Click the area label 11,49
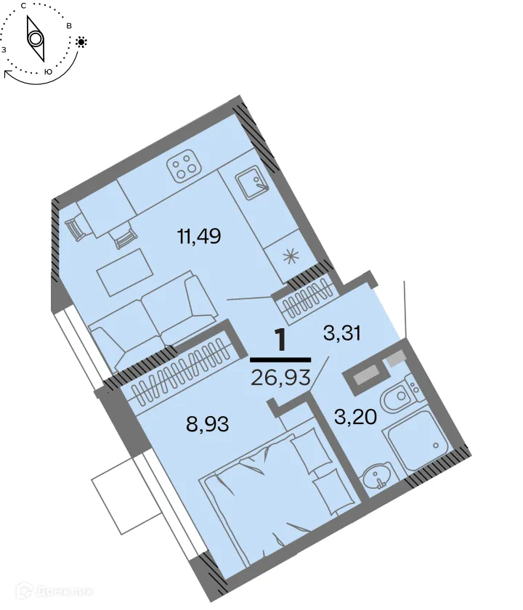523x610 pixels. click(x=198, y=236)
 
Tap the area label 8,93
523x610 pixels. click(x=208, y=424)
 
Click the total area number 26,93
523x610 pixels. click(x=280, y=377)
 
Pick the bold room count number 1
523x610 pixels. click(x=280, y=340)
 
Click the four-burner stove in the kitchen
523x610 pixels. click(x=184, y=168)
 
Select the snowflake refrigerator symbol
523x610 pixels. click(x=291, y=256)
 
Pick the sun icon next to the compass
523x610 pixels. click(x=81, y=42)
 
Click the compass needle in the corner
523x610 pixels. click(x=35, y=38)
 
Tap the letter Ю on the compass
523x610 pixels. click(x=48, y=72)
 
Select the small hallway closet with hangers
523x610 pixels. click(x=306, y=301)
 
